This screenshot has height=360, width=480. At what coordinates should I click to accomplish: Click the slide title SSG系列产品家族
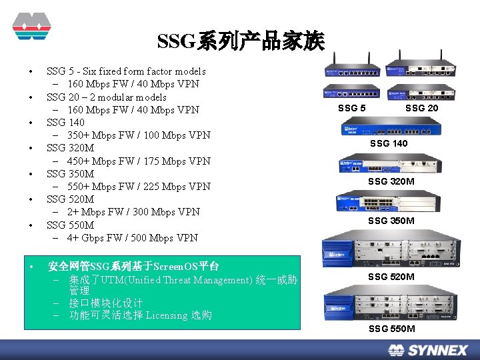point(241,42)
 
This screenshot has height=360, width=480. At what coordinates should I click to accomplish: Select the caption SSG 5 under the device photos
point(352,108)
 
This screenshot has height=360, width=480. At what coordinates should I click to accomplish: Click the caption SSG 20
point(422,108)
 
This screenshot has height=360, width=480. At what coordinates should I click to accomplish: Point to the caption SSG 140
point(389,143)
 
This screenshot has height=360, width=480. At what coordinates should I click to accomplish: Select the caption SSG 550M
point(391,329)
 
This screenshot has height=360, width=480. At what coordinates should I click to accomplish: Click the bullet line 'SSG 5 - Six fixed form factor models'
point(126,71)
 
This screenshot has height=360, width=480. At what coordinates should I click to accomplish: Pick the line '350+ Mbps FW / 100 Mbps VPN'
point(139,135)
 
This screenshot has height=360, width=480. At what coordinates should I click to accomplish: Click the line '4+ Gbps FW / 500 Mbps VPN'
point(132,238)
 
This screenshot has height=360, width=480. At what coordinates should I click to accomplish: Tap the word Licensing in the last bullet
point(167,315)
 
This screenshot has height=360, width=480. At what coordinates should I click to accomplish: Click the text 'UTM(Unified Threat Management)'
point(175,280)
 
